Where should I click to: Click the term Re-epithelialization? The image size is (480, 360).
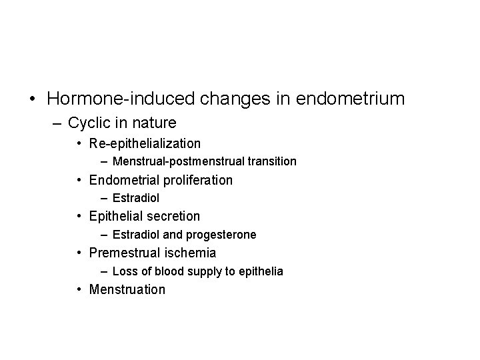pos(145,143)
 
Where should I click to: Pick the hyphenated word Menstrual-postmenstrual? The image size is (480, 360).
pos(174,161)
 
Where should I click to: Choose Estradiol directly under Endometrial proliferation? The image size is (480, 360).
pos(136,198)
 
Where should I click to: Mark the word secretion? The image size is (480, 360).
pos(175,216)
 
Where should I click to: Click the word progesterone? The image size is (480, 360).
pos(225,235)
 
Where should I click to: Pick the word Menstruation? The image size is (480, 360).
pos(127,289)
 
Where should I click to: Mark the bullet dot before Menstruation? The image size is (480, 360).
pos(79,290)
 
